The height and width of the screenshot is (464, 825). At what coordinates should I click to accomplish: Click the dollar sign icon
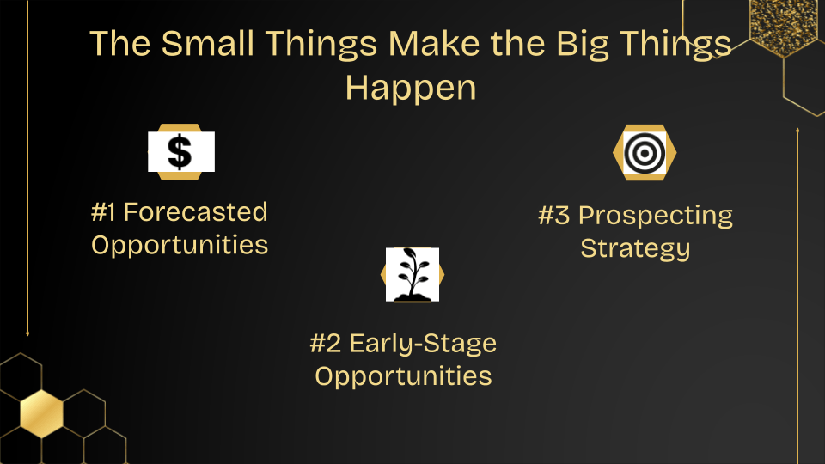pyautogui.click(x=180, y=152)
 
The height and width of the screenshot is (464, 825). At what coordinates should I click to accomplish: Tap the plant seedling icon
pyautogui.click(x=413, y=274)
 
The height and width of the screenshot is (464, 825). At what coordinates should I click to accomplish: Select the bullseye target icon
pyautogui.click(x=645, y=153)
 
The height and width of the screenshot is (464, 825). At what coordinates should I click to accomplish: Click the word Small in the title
pyautogui.click(x=208, y=43)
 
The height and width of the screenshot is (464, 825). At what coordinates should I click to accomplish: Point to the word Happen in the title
pyautogui.click(x=411, y=89)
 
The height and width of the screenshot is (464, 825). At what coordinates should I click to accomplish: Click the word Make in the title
pyautogui.click(x=434, y=43)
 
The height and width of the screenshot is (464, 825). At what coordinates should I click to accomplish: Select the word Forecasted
pyautogui.click(x=196, y=212)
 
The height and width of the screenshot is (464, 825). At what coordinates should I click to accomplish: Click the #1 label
pyautogui.click(x=103, y=212)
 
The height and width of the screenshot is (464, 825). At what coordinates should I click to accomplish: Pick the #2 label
pyautogui.click(x=326, y=344)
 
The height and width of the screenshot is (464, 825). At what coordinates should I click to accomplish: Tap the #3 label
pyautogui.click(x=554, y=216)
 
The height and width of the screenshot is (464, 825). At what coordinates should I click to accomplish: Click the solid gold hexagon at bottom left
pyautogui.click(x=41, y=414)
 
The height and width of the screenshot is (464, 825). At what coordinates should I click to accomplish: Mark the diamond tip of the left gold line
pyautogui.click(x=27, y=333)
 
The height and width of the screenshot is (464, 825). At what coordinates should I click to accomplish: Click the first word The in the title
pyautogui.click(x=121, y=43)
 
